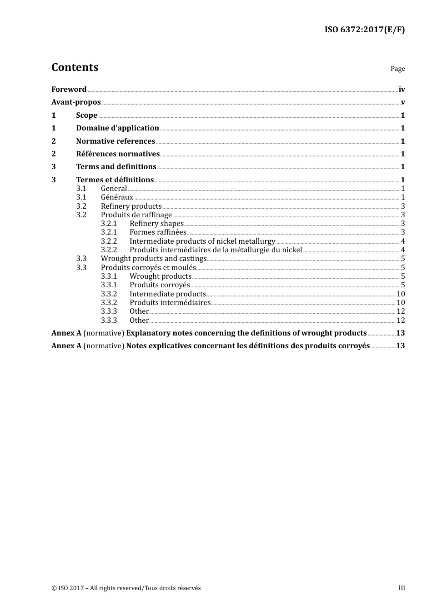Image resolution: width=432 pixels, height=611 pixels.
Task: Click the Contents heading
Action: click(75, 67)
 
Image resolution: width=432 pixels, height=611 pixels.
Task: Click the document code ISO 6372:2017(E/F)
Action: click(364, 30)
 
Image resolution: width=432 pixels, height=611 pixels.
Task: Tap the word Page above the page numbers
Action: click(397, 69)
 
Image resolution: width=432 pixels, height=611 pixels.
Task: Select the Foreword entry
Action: click(69, 90)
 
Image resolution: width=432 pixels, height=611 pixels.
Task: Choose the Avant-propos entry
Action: click(76, 102)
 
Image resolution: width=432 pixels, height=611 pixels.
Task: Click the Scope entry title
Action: click(86, 115)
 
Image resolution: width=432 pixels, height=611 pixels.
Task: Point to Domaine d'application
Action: click(117, 128)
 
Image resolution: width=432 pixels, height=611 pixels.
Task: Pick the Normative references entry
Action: click(116, 141)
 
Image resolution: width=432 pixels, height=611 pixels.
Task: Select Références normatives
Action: click(118, 154)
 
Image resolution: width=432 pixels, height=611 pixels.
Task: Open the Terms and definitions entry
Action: click(116, 167)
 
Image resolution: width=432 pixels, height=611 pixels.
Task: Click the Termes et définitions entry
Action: click(115, 180)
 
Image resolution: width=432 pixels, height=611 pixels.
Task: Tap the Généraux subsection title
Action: click(117, 197)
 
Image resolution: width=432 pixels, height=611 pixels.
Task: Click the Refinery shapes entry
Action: click(156, 224)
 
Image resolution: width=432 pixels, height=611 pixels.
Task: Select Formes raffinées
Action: click(158, 232)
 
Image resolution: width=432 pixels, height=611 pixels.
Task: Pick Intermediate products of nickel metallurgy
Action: click(202, 241)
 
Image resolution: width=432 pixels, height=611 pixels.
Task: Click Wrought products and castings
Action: click(154, 259)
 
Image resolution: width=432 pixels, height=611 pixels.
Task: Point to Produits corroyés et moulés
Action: click(148, 268)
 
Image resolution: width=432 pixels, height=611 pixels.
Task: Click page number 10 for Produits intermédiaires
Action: click(401, 303)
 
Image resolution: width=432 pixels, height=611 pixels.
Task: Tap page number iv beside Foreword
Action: click(402, 90)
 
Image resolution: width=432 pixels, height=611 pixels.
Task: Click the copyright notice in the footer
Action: click(126, 588)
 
